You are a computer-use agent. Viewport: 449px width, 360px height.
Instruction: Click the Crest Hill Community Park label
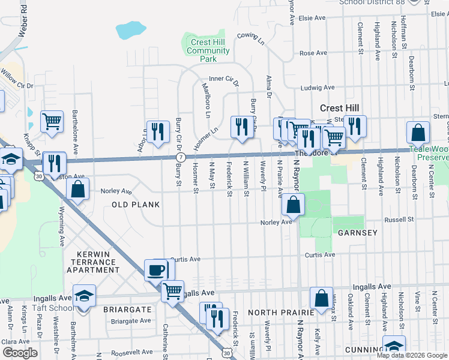point(208,51)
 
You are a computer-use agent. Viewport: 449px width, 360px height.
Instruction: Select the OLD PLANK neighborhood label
point(136,205)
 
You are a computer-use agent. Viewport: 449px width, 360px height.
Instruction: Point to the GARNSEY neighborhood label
point(357,233)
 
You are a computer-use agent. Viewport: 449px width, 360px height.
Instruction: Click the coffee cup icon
point(157,270)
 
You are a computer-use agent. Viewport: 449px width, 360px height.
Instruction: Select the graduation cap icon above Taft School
point(84,295)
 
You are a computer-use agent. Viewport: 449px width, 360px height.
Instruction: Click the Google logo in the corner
point(19,353)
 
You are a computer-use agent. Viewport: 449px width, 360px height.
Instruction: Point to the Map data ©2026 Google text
point(412,355)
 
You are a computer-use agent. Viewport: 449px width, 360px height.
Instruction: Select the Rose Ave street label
point(313,53)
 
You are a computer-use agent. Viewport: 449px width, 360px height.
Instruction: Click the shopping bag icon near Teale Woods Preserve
point(418,133)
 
